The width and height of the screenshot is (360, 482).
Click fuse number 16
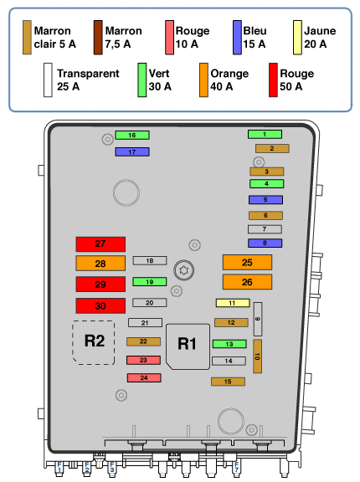[132, 135]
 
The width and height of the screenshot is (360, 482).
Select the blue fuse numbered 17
[132, 151]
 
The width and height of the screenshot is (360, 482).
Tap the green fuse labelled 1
[265, 134]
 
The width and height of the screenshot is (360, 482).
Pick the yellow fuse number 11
[233, 303]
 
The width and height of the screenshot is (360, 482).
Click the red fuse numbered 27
[100, 244]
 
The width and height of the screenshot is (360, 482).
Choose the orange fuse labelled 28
[100, 264]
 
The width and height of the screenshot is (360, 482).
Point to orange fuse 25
[247, 262]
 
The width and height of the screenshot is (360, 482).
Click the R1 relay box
[188, 346]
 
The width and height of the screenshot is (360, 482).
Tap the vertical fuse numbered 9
[258, 319]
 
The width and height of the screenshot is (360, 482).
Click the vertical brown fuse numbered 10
[257, 356]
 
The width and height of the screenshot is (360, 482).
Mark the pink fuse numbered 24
[144, 377]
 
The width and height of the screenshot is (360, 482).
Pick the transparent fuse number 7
[265, 229]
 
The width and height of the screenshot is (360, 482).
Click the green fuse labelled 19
[149, 281]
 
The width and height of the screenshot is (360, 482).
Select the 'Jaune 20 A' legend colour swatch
[297, 38]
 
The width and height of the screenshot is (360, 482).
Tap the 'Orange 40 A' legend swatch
[203, 80]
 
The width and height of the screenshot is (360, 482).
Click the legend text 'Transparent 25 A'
[88, 80]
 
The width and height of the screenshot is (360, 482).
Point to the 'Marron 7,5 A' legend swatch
[98, 38]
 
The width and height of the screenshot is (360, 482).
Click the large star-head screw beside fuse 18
[183, 270]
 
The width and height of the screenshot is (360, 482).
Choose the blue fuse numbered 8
[265, 244]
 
